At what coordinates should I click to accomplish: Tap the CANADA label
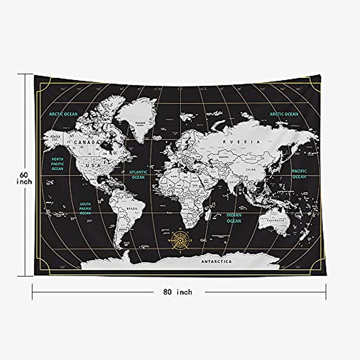[x=86, y=142]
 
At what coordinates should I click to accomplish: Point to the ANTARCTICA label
[x=217, y=262]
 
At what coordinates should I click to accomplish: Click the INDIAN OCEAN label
[x=234, y=218]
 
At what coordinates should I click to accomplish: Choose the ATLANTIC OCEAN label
[x=138, y=175]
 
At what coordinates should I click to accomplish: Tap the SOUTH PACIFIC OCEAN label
[x=85, y=208]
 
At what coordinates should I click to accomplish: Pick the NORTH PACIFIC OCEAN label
[x=57, y=164]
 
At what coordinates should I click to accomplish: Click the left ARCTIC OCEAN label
[x=63, y=114]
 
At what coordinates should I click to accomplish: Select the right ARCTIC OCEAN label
[x=284, y=114]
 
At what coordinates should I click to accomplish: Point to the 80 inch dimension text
[x=178, y=292]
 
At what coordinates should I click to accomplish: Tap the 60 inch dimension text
[x=24, y=178]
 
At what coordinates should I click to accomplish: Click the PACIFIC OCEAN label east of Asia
[x=299, y=174]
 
